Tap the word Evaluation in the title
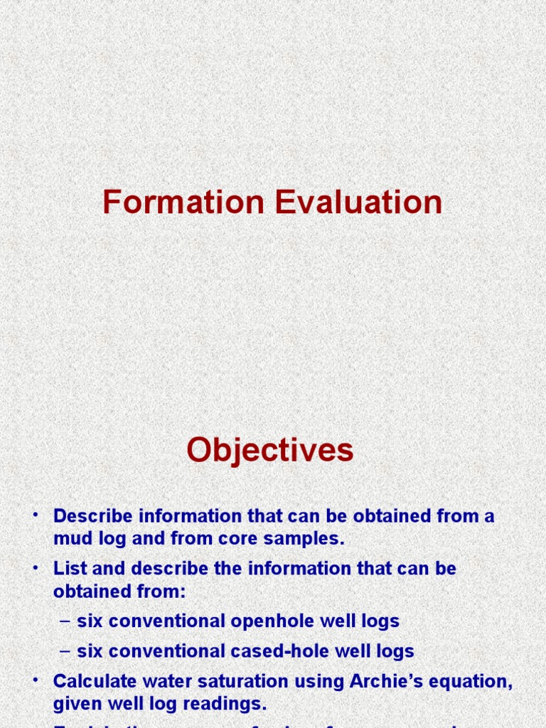coord(358,203)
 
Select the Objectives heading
coord(270,450)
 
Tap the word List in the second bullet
coord(68,569)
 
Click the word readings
coord(228,704)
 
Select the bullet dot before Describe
coord(34,515)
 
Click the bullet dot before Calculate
coord(34,680)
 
